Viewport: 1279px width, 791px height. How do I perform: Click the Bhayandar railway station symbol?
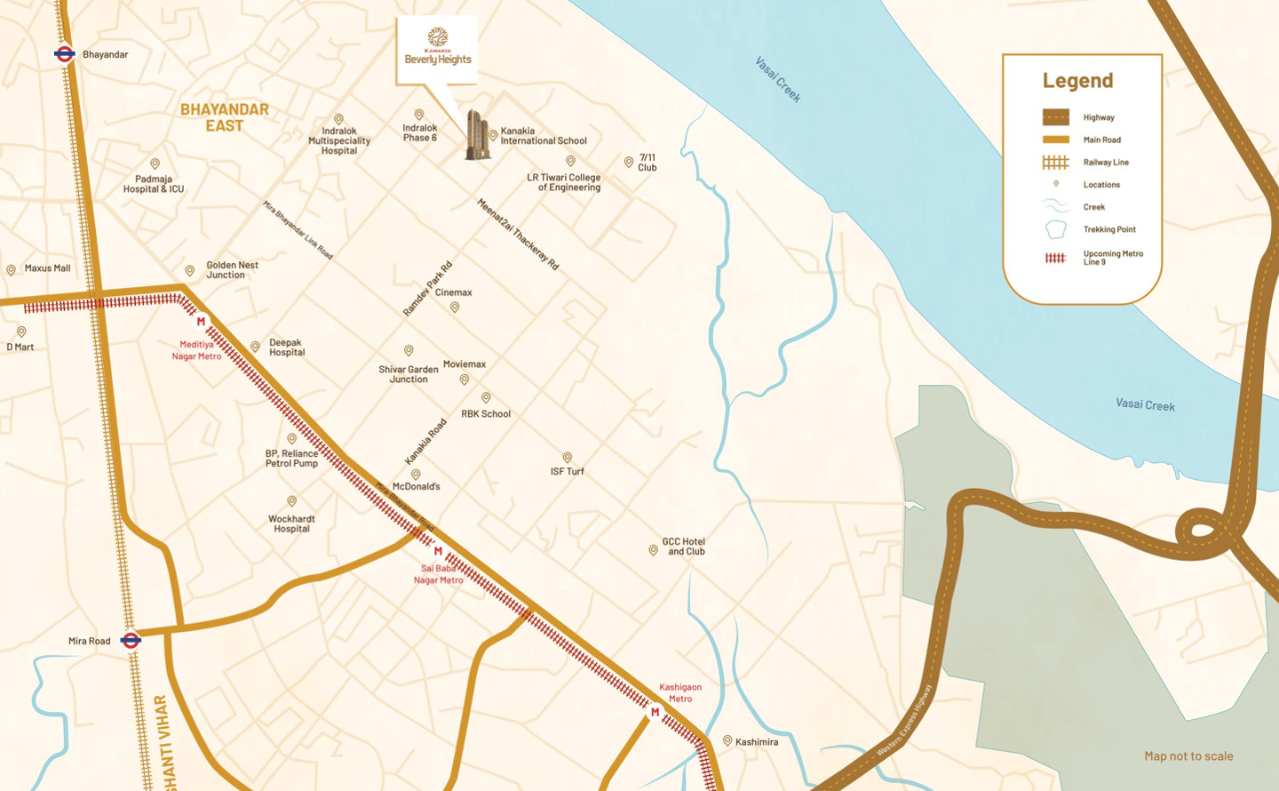[64, 54]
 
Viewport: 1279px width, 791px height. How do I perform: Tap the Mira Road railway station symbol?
[131, 640]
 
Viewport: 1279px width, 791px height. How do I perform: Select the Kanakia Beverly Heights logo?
[438, 47]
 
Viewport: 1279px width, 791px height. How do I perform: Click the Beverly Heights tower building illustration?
[477, 136]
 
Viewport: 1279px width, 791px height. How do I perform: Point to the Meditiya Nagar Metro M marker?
[201, 322]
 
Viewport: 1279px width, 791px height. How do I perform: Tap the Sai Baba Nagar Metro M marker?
[438, 551]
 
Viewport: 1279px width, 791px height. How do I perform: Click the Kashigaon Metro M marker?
[655, 712]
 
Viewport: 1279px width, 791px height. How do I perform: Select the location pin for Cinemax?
[455, 308]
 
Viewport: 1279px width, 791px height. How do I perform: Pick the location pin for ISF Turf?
[567, 458]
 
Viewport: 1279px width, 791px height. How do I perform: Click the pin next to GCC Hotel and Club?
[653, 550]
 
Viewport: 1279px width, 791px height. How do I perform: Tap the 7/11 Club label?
[647, 163]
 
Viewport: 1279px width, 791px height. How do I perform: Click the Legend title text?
[1077, 80]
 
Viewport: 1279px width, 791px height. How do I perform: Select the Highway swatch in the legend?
[1055, 117]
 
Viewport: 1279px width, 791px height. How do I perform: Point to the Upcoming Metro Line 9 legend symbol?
[1055, 258]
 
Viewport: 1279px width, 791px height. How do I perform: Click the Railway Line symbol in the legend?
[1055, 163]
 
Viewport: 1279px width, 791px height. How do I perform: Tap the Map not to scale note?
[1188, 756]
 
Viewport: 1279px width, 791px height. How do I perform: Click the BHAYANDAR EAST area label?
[224, 117]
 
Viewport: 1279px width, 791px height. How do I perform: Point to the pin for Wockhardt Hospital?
[291, 502]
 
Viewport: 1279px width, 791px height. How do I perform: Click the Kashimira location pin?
[727, 740]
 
